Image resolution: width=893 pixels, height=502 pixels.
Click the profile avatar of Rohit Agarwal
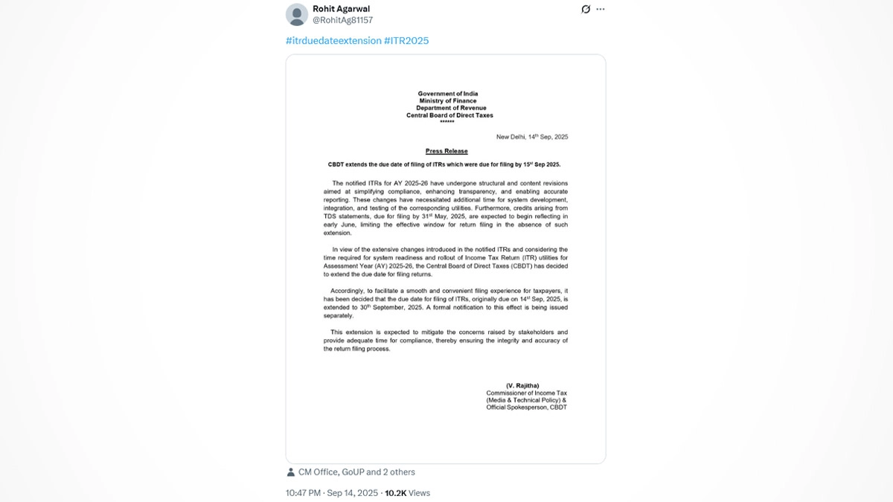point(297,14)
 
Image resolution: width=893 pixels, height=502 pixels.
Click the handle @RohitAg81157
point(343,21)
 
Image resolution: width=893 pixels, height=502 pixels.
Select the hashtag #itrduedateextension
point(333,41)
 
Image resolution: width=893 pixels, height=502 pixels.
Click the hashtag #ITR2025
point(406,41)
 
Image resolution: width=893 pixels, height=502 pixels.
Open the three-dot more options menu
point(601,10)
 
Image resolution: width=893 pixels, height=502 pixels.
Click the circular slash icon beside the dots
point(586,10)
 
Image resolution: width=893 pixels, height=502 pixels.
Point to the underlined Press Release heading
point(446,151)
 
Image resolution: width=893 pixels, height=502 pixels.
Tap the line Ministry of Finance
point(447,101)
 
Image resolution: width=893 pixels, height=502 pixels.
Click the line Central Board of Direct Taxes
point(449,115)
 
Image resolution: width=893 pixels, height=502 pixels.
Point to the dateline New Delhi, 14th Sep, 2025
point(532,137)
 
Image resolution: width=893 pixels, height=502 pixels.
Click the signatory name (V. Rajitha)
point(522,385)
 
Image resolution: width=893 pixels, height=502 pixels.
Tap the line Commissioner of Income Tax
point(526,393)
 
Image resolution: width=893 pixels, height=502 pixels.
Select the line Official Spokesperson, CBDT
point(526,408)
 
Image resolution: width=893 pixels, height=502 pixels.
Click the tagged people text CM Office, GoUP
point(330,472)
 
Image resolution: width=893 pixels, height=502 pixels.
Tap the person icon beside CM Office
point(290,472)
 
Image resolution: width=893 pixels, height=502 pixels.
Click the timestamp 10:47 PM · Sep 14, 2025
point(332,493)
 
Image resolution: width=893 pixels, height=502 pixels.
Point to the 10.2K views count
point(407,493)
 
